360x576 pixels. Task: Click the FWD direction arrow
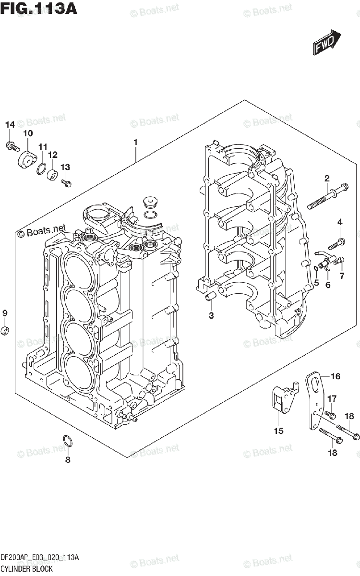327,42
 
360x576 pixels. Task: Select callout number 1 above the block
136,143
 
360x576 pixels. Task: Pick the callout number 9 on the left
5,313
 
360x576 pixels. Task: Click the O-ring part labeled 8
68,440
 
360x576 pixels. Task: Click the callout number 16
335,376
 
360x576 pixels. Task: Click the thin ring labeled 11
41,167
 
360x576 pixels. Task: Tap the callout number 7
341,276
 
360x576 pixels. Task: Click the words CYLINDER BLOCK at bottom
26,569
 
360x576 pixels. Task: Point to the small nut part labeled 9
5,331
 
